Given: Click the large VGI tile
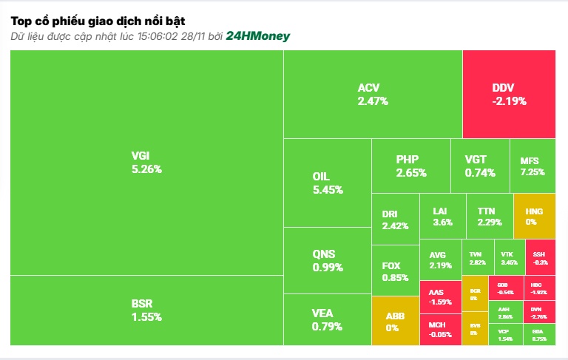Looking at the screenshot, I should click(146, 163).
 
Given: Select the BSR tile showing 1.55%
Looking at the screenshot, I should click(146, 310).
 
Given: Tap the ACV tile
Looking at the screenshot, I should click(373, 95).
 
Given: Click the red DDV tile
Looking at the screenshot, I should click(509, 95).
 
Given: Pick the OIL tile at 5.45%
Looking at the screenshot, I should click(327, 183).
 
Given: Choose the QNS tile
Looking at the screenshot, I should click(327, 260).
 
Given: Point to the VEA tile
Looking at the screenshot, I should click(327, 319).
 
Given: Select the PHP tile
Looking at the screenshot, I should click(411, 166).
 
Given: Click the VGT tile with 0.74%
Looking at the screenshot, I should click(480, 166).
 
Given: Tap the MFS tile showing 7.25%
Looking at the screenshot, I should click(532, 166).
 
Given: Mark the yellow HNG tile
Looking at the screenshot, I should click(534, 216).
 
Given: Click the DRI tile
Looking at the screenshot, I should click(395, 220).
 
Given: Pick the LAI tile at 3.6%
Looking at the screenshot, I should click(442, 216).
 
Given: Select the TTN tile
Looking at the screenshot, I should click(490, 216).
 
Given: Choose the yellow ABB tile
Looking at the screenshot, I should click(395, 321).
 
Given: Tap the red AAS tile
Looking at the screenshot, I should click(440, 297).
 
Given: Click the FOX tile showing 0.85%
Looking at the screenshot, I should click(395, 271).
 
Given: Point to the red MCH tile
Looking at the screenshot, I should click(440, 330).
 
